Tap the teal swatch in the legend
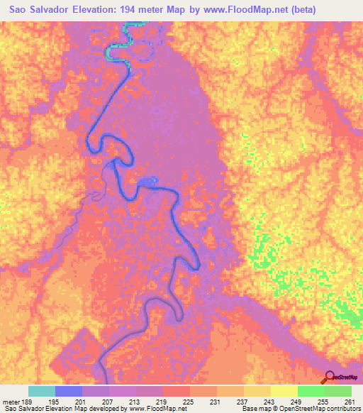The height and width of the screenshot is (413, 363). click(42, 391)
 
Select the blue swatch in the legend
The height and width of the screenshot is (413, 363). click(69, 391)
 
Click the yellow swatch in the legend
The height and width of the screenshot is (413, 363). click(283, 391)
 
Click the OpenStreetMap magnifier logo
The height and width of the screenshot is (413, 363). click(330, 377)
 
